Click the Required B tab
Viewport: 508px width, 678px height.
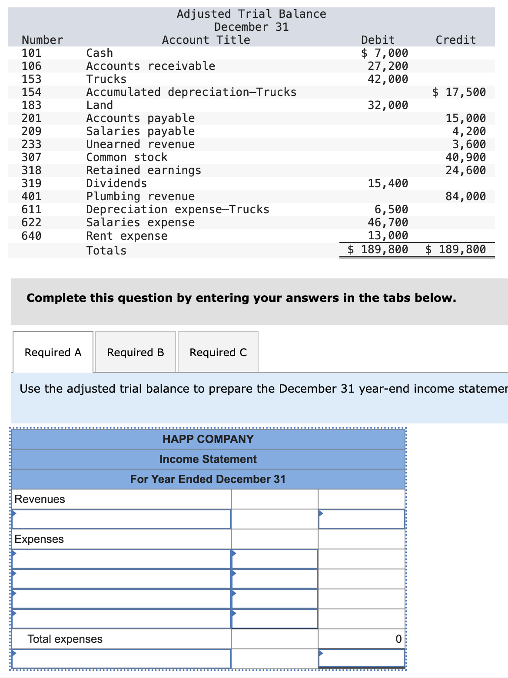click(136, 352)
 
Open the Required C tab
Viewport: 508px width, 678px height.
click(218, 352)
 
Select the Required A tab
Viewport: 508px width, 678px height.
click(53, 352)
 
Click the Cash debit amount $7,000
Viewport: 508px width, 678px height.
click(385, 53)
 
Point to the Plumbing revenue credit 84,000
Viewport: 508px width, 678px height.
click(465, 196)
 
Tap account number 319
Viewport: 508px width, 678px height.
click(32, 183)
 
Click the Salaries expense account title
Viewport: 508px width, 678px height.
click(140, 222)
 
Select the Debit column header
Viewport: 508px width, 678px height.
click(378, 40)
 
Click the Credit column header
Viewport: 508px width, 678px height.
click(455, 40)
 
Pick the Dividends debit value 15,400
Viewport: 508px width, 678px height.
click(388, 183)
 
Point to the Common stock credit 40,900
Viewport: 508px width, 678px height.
click(465, 157)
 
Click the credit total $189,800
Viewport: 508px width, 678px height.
click(455, 249)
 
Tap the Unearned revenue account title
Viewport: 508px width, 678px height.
click(140, 144)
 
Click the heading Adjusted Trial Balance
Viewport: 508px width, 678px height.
click(251, 14)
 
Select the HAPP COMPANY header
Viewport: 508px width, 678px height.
click(208, 439)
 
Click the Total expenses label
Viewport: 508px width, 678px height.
click(65, 639)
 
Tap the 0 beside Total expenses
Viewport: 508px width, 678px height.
click(398, 639)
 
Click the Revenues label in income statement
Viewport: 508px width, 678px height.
click(40, 499)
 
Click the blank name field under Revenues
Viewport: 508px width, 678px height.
click(121, 519)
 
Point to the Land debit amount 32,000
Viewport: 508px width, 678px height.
click(388, 105)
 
